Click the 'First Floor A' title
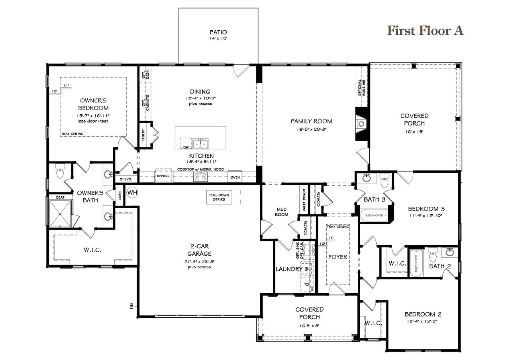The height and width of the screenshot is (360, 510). pos(425,31)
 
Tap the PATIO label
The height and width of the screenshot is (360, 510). pos(218,32)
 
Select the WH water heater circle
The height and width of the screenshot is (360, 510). pos(132,193)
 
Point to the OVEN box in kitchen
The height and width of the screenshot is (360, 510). pos(235,177)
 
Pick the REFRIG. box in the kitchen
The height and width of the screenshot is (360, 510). pos(163,176)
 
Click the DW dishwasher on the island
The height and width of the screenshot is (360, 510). pos(185,146)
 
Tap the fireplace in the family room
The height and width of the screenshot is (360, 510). pos(361,123)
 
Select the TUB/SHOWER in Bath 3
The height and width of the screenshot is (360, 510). pos(374,215)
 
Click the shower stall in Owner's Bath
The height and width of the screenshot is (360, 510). pos(60,213)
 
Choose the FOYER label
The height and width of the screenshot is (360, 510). pos(337,257)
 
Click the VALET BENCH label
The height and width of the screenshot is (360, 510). pos(304,200)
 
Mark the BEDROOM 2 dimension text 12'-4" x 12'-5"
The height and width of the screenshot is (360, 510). pos(422,321)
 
